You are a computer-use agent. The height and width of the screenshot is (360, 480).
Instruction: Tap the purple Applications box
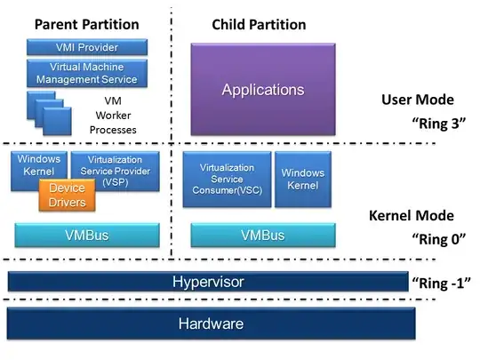coord(262,90)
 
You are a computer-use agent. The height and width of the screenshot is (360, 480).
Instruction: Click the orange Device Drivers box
coord(68,196)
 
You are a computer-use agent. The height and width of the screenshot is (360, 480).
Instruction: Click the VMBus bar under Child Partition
coord(262,236)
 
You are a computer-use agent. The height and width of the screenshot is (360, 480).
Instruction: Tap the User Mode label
coord(417,100)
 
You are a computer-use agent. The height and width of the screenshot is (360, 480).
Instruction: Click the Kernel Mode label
coord(411,215)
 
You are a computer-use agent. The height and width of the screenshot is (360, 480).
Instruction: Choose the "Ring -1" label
coord(439,284)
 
